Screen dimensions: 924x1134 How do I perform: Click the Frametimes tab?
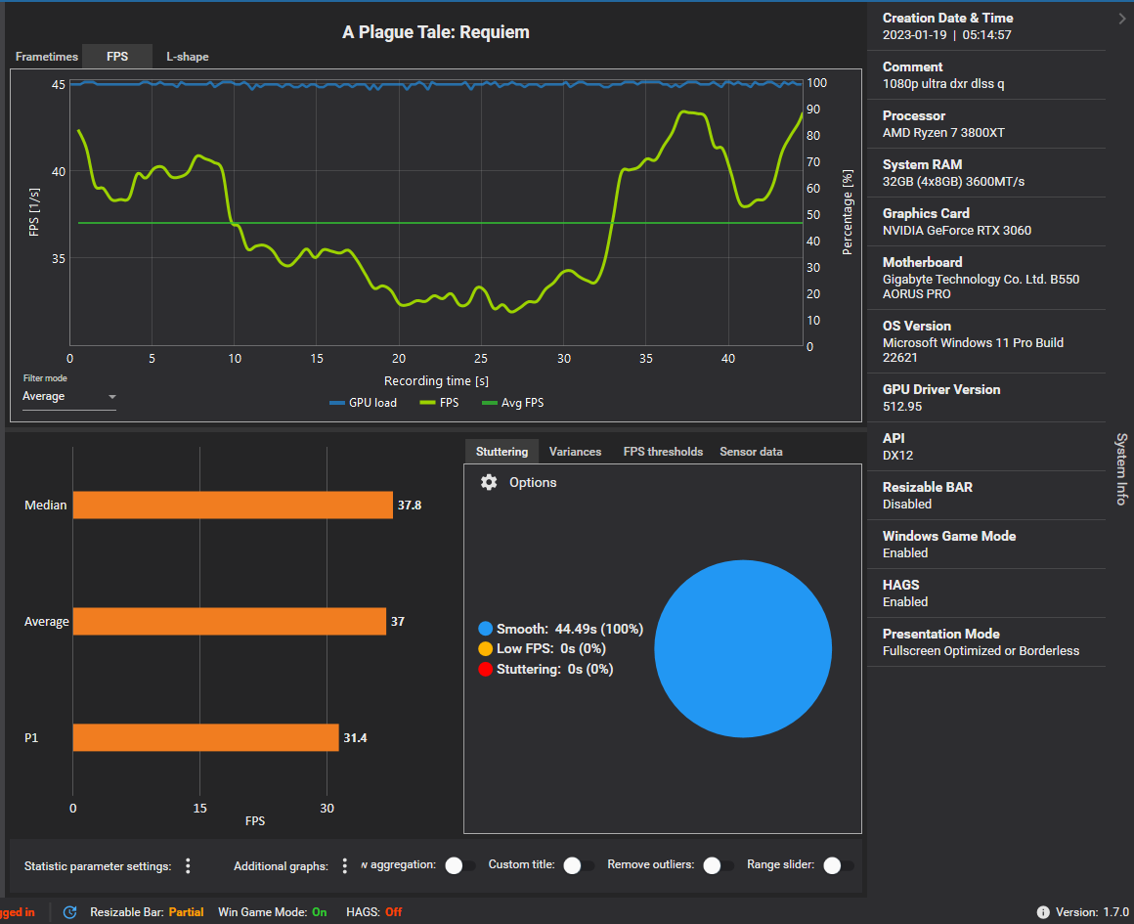(46, 57)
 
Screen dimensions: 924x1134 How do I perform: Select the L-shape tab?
(187, 57)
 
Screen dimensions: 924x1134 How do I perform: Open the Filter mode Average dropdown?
(68, 396)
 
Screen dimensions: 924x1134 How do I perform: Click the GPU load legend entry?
(363, 402)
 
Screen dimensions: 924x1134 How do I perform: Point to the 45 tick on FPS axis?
(59, 84)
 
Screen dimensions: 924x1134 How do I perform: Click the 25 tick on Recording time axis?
(481, 359)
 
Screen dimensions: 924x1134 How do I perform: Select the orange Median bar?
(233, 506)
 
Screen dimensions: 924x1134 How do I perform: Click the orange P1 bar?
(205, 737)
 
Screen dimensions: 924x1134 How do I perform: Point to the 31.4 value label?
(356, 737)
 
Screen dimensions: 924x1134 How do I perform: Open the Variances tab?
(575, 452)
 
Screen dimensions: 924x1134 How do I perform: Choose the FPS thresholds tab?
(663, 452)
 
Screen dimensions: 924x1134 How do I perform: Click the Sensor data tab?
(751, 452)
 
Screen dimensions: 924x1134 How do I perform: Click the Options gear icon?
(489, 482)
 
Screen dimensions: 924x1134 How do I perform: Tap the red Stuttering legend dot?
(485, 669)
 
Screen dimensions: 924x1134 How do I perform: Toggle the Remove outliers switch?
(719, 865)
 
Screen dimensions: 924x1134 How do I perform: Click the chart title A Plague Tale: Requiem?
(435, 32)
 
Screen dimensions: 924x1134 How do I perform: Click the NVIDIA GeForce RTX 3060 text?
(956, 231)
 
